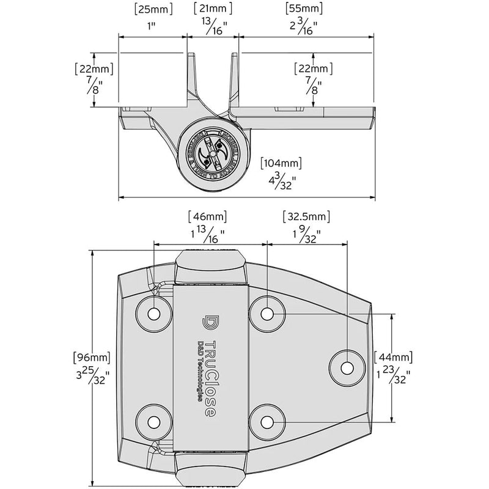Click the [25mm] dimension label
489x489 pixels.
tap(152, 9)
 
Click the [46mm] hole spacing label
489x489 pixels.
tap(206, 216)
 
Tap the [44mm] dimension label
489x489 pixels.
tap(393, 357)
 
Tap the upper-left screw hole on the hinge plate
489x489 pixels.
tap(153, 313)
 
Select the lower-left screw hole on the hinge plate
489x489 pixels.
tap(153, 421)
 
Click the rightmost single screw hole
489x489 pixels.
tap(347, 368)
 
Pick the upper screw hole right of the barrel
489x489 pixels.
tap(267, 313)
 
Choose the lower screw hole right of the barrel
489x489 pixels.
tap(267, 421)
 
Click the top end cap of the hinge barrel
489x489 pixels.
tap(209, 267)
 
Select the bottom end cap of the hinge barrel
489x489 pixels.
tap(209, 468)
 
